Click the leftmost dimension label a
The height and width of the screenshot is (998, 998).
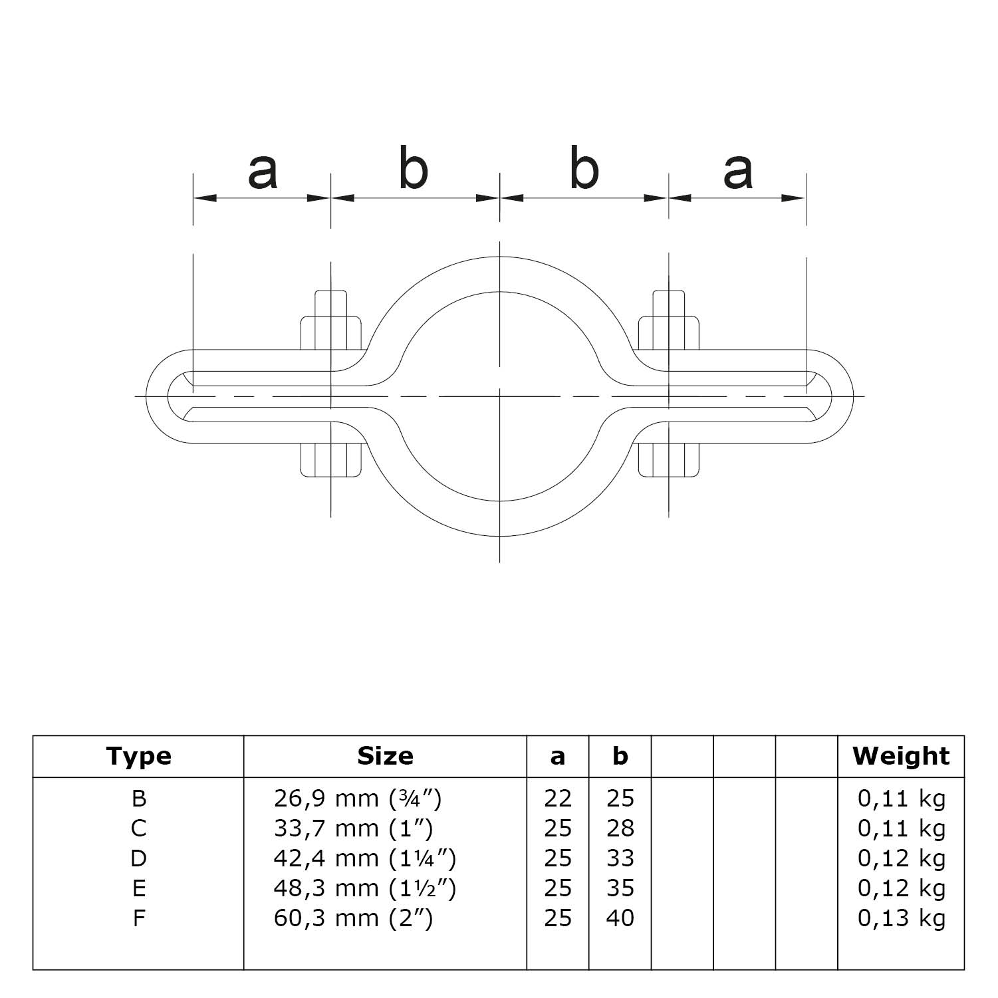click(262, 172)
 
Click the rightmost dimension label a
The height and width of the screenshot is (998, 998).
click(738, 172)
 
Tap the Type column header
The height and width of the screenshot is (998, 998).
click(138, 756)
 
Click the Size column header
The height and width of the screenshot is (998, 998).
click(385, 756)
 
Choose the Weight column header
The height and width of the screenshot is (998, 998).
click(901, 756)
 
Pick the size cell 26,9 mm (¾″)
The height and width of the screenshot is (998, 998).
click(358, 798)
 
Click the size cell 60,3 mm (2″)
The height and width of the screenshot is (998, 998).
click(353, 918)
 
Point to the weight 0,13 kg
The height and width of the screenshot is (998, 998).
click(901, 918)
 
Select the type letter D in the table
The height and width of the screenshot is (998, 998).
click(138, 858)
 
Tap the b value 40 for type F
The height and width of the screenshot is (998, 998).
click(620, 918)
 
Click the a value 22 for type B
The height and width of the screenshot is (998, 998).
click(557, 798)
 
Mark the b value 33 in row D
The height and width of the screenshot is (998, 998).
click(620, 858)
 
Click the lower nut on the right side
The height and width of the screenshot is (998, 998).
click(669, 459)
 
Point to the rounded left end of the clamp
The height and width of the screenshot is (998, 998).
click(157, 396)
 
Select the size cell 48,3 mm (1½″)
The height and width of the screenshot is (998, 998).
click(364, 888)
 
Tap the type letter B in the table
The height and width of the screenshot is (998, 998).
click(138, 798)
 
